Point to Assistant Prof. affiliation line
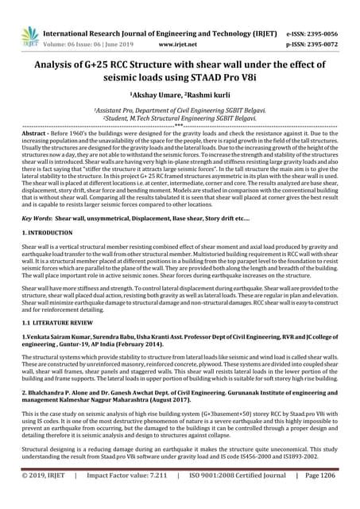[x=180, y=111]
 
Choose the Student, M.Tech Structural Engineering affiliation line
[x=180, y=119]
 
